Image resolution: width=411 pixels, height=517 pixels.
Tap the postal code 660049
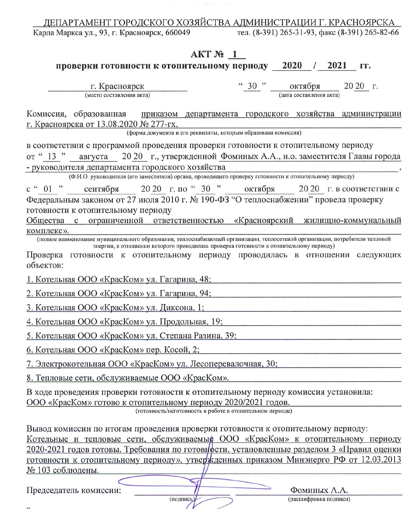click(x=178, y=32)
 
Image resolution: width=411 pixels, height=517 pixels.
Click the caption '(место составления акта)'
click(x=117, y=95)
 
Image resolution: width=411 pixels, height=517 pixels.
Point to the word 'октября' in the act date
click(x=305, y=86)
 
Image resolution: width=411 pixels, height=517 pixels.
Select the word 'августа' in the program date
click(x=94, y=157)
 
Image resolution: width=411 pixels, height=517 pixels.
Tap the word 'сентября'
click(x=101, y=189)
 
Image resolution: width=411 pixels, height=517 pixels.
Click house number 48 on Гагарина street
click(x=205, y=279)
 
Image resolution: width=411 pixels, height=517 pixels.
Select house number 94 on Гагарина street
click(x=205, y=293)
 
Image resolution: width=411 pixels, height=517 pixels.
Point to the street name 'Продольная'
click(x=183, y=321)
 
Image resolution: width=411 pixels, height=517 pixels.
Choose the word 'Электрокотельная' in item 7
click(x=70, y=364)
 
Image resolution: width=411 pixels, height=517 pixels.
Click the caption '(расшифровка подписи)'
click(x=319, y=499)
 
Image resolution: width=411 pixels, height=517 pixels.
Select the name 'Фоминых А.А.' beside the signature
click(x=319, y=490)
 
